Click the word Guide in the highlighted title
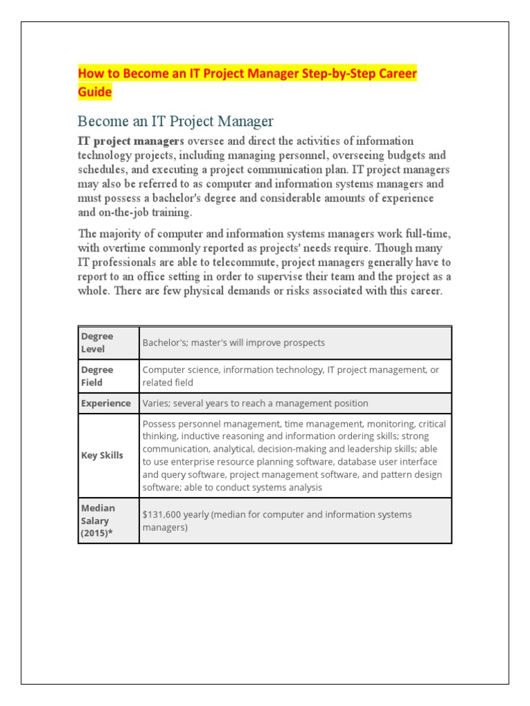pyautogui.click(x=95, y=92)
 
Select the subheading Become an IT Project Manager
pyautogui.click(x=175, y=121)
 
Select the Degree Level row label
pyautogui.click(x=97, y=343)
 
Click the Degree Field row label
pyautogui.click(x=97, y=376)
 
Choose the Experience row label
pyautogui.click(x=106, y=403)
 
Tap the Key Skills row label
pyautogui.click(x=102, y=456)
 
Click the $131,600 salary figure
pyautogui.click(x=166, y=514)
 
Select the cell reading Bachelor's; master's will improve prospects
pyautogui.click(x=233, y=343)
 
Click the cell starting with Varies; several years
pyautogui.click(x=255, y=403)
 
